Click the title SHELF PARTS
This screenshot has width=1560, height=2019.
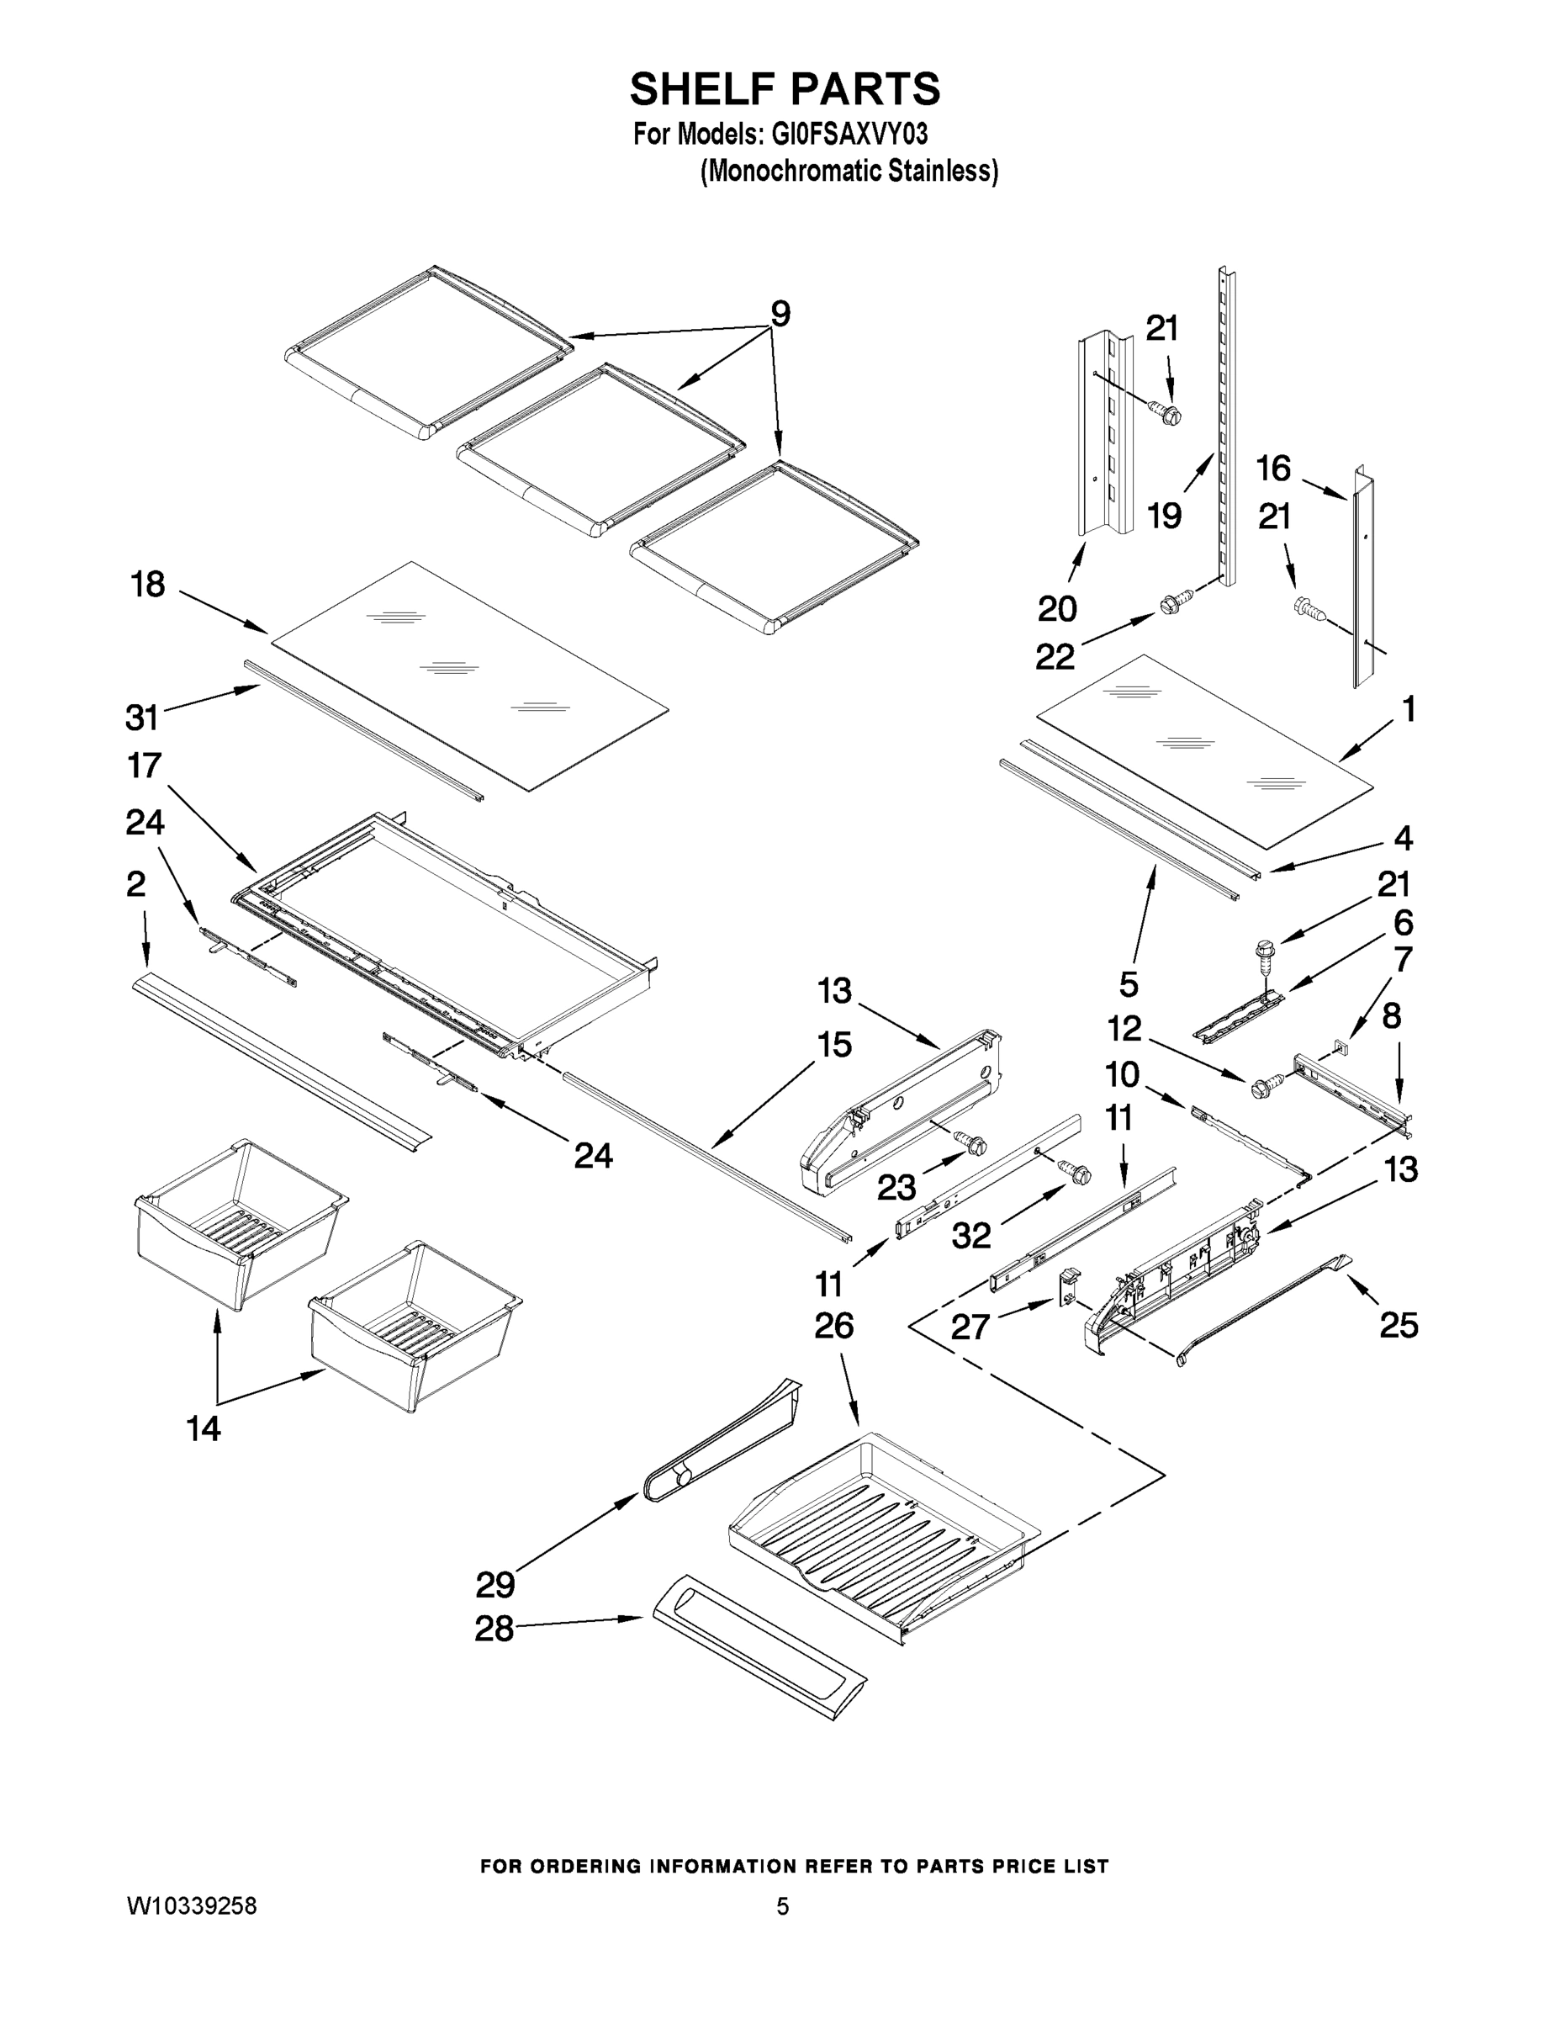pos(785,90)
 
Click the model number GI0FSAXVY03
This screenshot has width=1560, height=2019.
pos(846,135)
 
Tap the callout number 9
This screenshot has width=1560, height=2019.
pos(780,315)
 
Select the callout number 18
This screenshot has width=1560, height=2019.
pos(147,585)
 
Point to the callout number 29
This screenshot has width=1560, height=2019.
pos(494,1585)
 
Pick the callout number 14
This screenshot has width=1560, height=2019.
pos(204,1429)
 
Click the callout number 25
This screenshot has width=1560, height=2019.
pos(1399,1326)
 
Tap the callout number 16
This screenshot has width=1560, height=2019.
pos(1273,469)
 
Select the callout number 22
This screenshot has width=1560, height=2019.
pos(1055,656)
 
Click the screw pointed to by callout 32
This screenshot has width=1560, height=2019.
pos(1076,1172)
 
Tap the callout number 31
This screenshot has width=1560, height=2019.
pos(142,717)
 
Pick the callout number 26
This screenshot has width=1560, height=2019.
pos(833,1326)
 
